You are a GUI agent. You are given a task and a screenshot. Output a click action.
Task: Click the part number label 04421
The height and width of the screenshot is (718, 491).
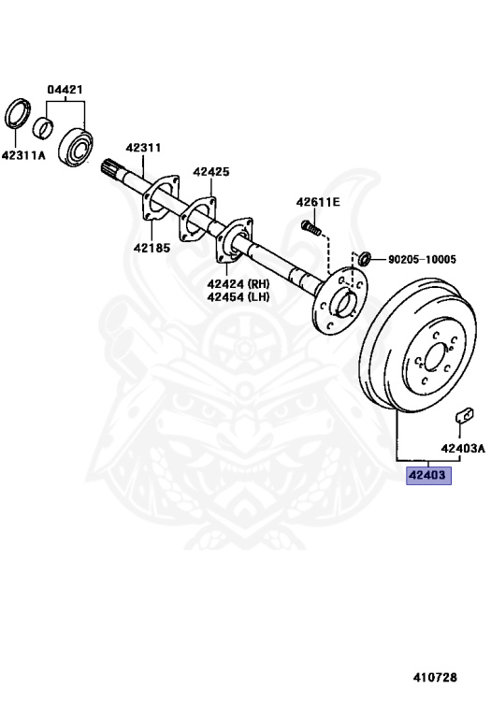click(x=65, y=90)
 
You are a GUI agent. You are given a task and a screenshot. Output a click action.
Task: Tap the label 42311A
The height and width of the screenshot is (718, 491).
click(x=23, y=156)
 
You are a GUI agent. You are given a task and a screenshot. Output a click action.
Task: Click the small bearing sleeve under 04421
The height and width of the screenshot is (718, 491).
click(x=44, y=127)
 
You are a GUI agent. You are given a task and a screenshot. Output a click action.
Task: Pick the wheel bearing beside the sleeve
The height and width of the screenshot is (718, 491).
click(x=76, y=147)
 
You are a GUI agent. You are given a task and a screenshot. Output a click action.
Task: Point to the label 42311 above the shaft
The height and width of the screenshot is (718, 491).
click(x=143, y=148)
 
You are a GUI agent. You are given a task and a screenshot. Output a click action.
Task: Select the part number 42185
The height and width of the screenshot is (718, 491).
click(x=152, y=248)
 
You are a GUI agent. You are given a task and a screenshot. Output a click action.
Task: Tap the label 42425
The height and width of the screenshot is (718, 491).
click(x=211, y=172)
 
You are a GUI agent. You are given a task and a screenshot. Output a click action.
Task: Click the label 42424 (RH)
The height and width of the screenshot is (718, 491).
click(x=238, y=283)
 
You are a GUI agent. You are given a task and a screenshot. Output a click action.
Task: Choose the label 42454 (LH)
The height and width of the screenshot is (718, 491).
click(x=238, y=296)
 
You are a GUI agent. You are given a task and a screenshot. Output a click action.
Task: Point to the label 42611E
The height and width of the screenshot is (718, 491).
click(x=318, y=202)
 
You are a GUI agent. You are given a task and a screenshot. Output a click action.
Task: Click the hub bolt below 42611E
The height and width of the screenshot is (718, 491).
click(x=310, y=227)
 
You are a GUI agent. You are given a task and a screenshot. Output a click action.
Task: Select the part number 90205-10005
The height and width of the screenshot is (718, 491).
click(x=422, y=260)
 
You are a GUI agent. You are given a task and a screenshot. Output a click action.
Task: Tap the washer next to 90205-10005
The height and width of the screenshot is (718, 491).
click(x=365, y=259)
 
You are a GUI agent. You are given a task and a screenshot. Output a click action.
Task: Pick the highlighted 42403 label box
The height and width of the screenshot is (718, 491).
click(x=428, y=475)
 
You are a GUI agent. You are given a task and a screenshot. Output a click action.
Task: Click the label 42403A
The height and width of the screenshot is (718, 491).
click(x=463, y=449)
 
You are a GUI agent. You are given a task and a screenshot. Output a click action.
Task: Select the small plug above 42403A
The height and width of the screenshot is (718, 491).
click(x=465, y=415)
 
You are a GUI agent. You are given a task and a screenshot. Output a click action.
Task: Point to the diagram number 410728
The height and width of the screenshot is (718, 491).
click(x=435, y=678)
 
